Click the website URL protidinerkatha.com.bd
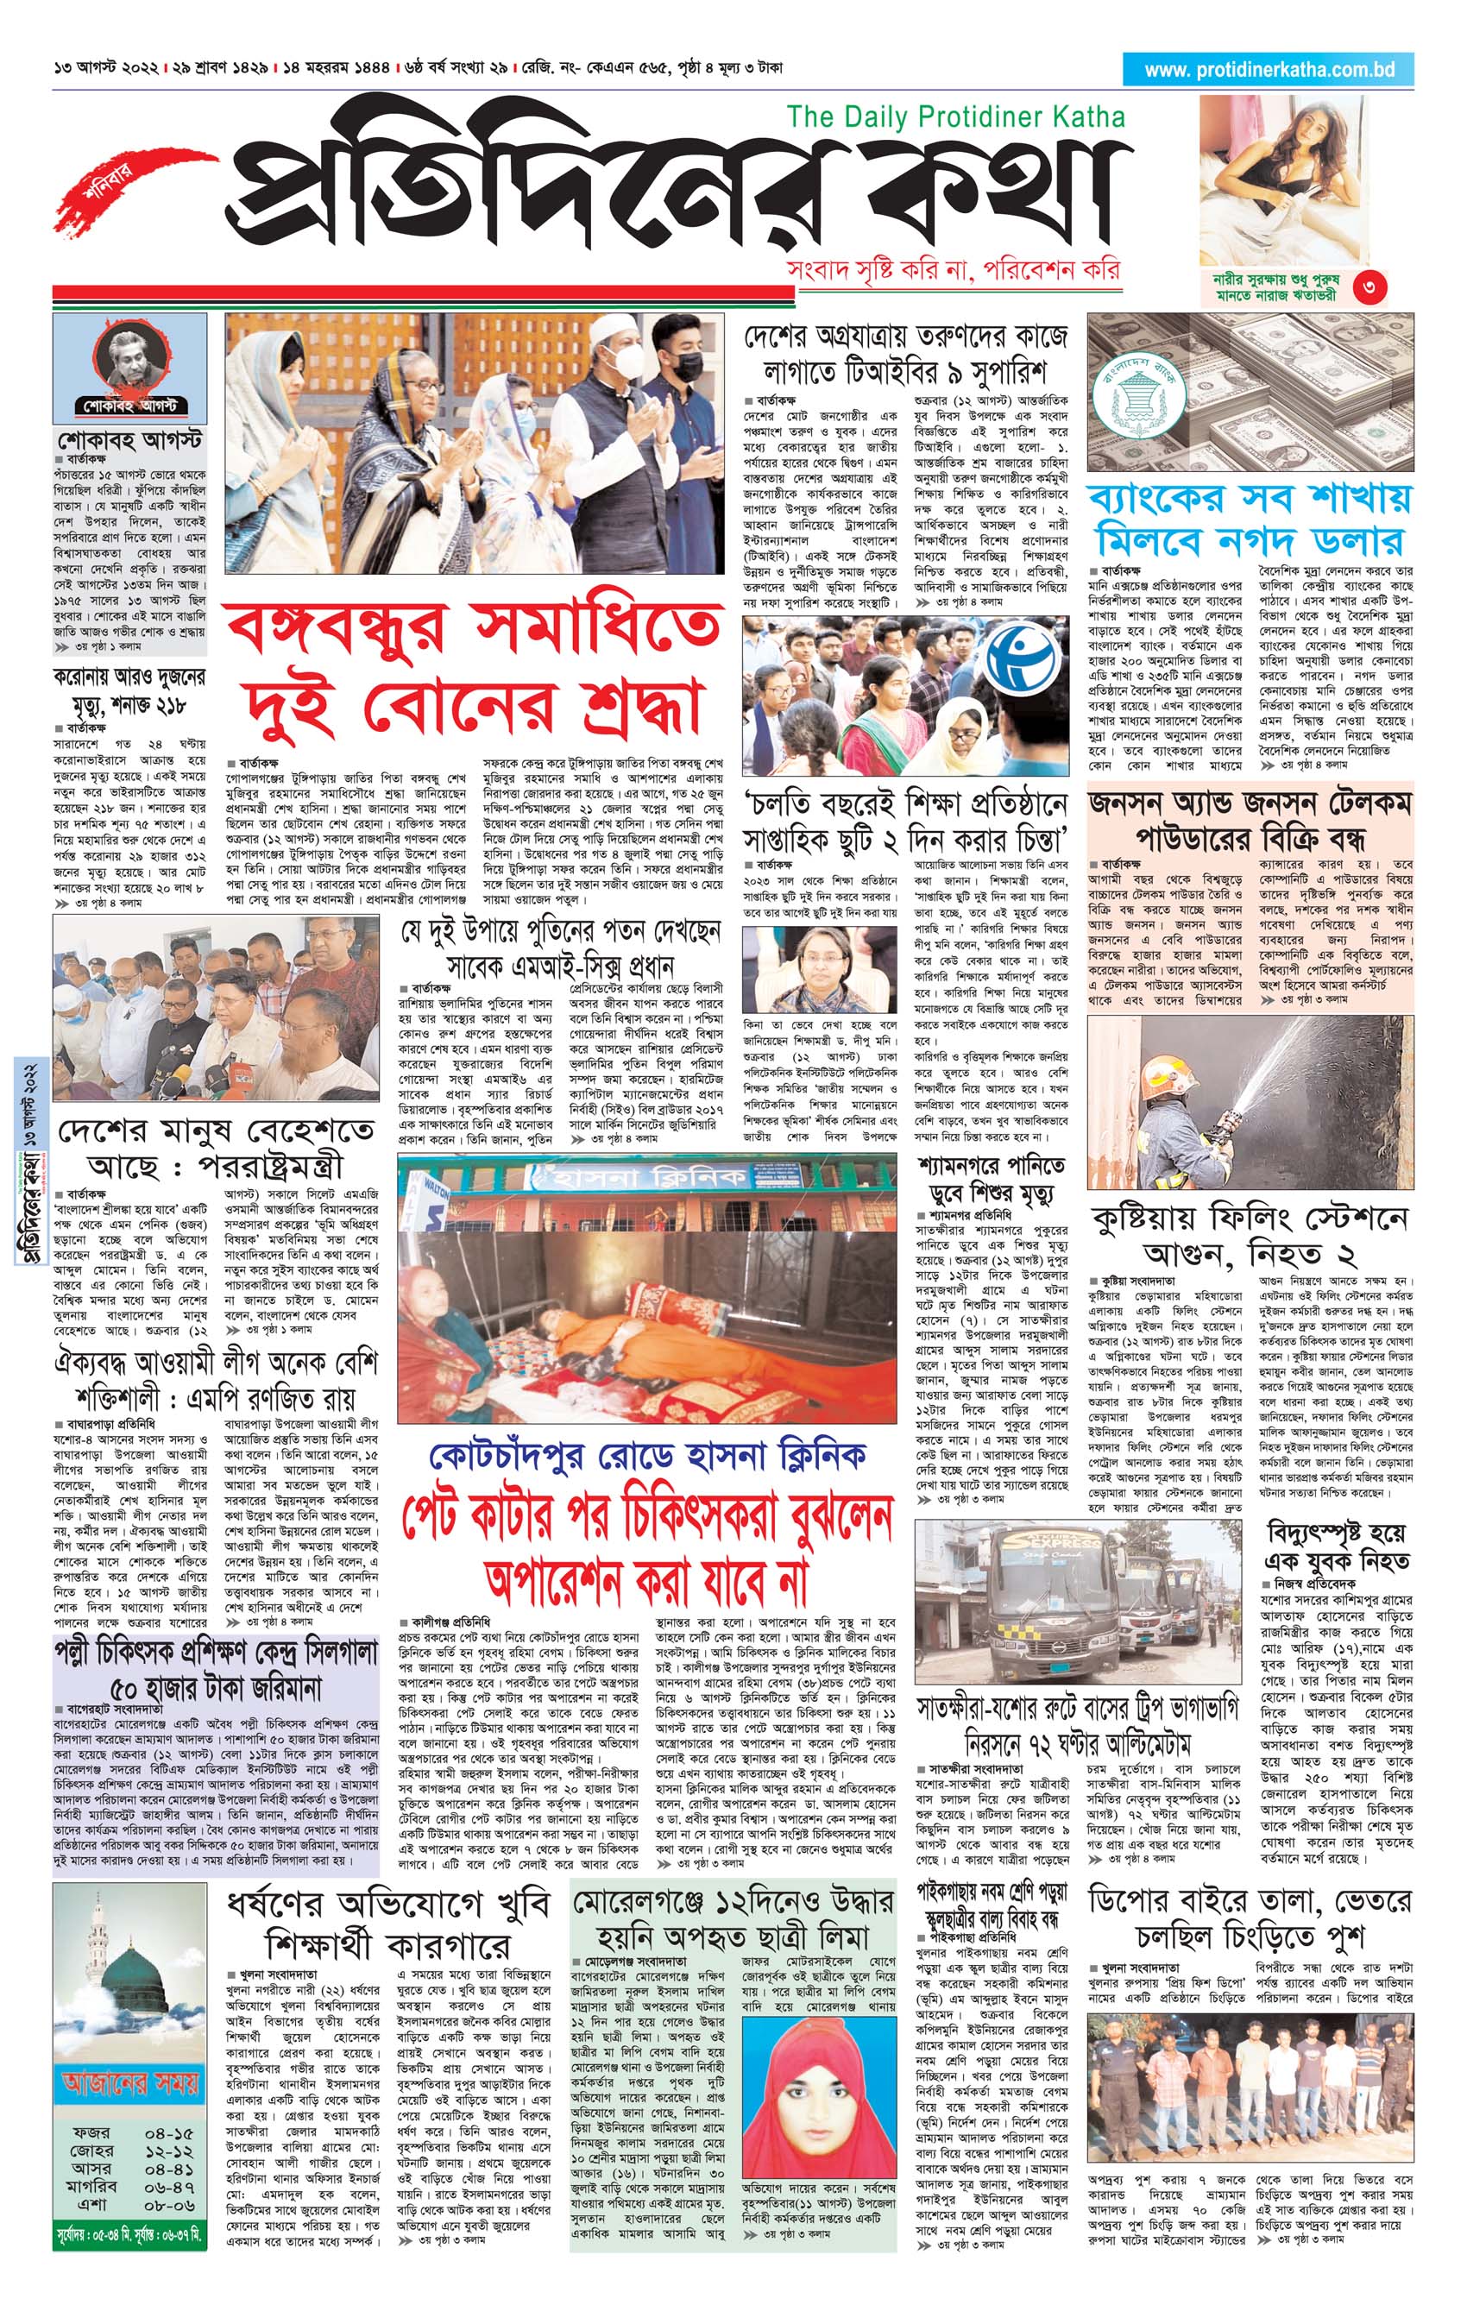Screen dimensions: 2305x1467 point(1269,70)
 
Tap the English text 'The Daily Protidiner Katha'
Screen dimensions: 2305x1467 point(955,117)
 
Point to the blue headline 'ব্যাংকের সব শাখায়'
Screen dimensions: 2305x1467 point(1250,499)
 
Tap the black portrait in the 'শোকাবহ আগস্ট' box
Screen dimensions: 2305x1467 point(129,353)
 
